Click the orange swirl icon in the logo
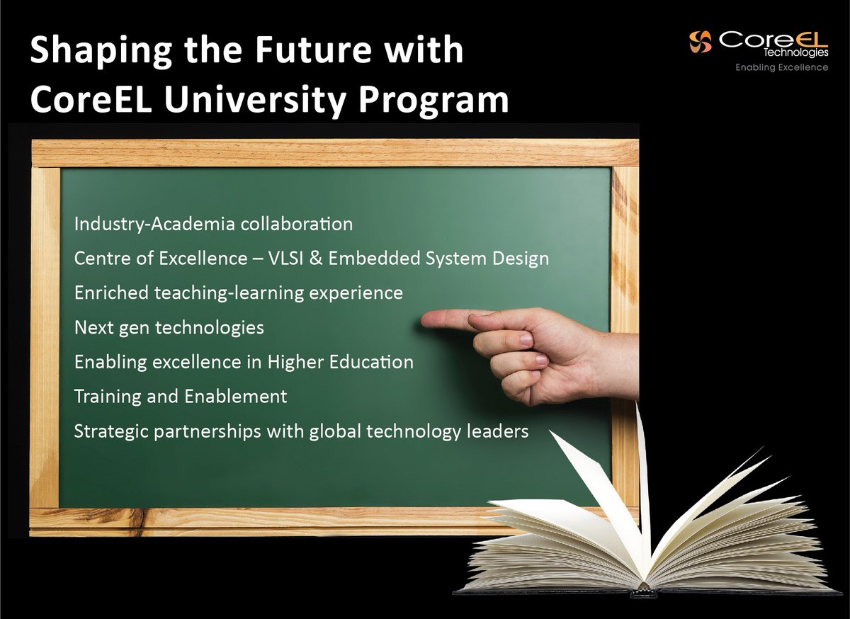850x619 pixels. click(x=701, y=41)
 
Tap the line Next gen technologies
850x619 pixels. click(x=169, y=328)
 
